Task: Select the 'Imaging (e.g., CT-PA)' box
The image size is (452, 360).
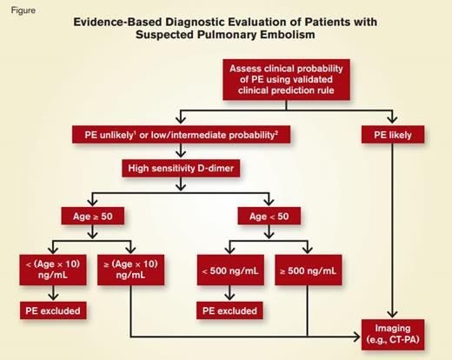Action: pyautogui.click(x=396, y=332)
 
